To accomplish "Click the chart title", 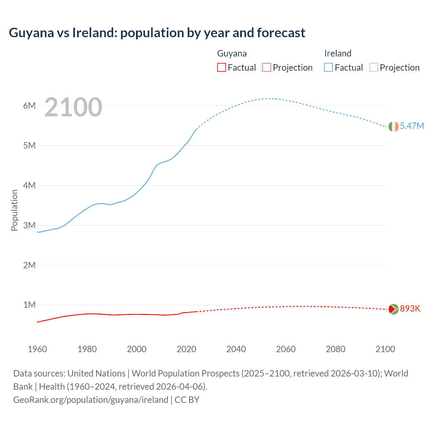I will coord(157,33).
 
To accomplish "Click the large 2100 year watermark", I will coord(73,107).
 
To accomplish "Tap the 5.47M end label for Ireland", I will coord(412,126).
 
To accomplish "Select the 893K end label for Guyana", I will coord(410,309).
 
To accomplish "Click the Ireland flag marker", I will coord(393,127).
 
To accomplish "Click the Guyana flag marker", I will coord(393,309).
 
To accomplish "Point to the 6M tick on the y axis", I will coord(29,106).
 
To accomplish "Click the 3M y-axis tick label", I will coord(29,225).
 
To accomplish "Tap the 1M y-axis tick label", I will coord(29,305).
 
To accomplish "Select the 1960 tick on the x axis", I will coord(37,349).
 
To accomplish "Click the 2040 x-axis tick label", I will coord(236,349).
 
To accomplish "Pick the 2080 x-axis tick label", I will coord(336,349).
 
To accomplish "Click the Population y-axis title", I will coord(14,210).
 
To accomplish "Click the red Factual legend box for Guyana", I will coord(221,67).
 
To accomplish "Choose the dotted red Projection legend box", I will coord(267,67).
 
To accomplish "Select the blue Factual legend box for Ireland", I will coord(328,67).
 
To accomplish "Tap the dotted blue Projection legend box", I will coord(374,67).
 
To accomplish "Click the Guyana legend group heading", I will coord(232,53).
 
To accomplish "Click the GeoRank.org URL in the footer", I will coord(91,400).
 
